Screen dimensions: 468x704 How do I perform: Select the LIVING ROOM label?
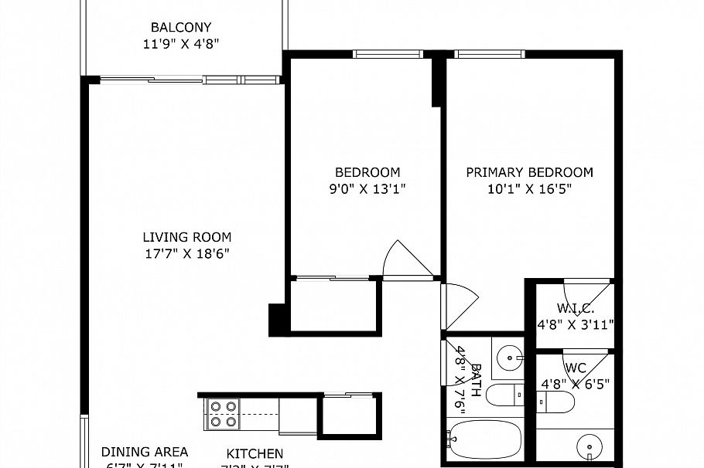tap(186, 237)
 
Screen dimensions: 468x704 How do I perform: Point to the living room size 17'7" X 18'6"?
tap(186, 254)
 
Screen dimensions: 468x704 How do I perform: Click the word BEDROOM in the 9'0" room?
tap(367, 172)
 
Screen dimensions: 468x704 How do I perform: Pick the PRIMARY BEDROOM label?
tap(529, 172)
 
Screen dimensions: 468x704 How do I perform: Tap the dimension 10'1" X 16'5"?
tap(529, 189)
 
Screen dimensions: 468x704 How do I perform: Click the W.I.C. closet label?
tap(576, 308)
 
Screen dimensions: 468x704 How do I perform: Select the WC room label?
tap(575, 367)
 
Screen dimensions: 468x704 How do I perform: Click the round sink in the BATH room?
tap(508, 356)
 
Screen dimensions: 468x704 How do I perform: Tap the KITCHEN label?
tap(255, 454)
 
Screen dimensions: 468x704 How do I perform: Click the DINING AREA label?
tap(145, 453)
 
